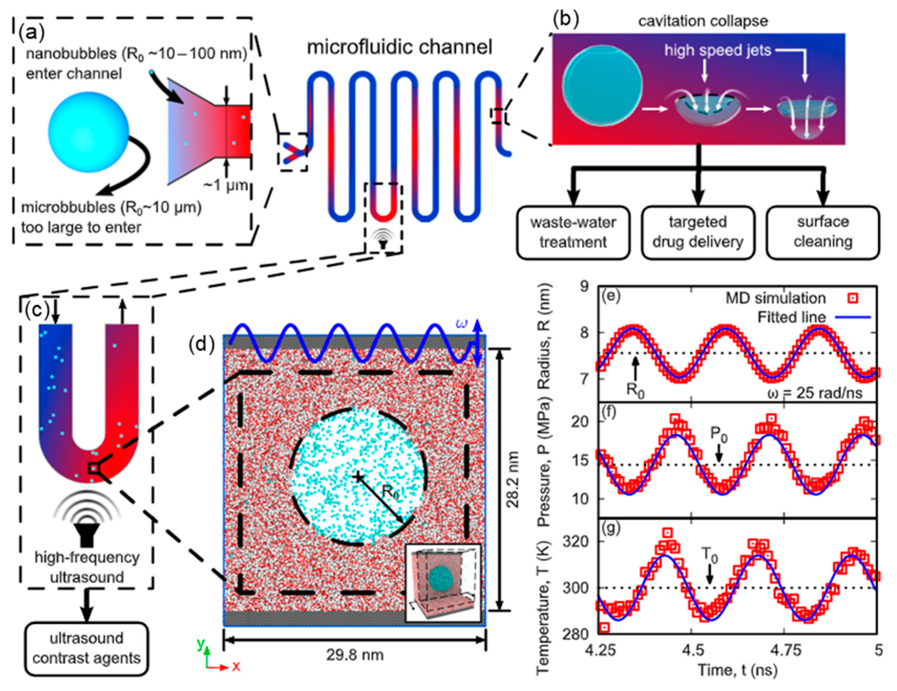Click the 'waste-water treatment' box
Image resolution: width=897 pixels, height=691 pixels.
coord(573,232)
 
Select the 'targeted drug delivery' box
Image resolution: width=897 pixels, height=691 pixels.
coord(698,232)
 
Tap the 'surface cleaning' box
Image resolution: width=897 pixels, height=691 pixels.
coord(823,232)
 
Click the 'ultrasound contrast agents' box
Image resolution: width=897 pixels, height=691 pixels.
coord(86,649)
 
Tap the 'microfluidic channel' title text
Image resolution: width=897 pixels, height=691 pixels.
coord(399,47)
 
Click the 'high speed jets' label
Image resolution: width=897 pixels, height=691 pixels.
coord(718,51)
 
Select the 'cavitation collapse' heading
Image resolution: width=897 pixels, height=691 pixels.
coord(703,20)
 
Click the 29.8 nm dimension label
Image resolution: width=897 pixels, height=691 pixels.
coord(355,655)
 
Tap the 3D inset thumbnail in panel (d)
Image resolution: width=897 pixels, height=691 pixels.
coord(442,583)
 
